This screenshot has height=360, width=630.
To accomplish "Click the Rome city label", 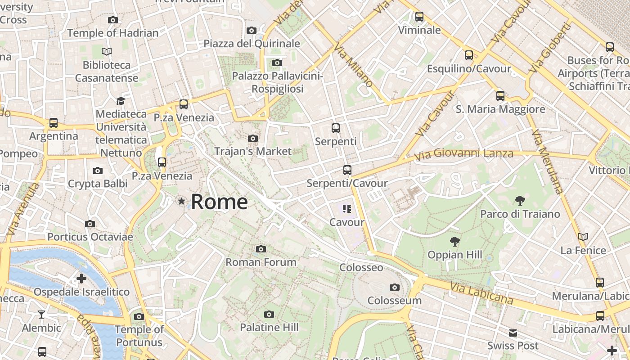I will pos(219,202).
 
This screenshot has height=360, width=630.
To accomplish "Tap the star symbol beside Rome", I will pos(181,201).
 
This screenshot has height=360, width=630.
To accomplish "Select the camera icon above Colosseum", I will pos(395,287).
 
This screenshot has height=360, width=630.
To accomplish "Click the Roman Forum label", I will pos(261,262).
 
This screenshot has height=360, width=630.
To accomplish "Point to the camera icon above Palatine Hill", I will pos(269,314).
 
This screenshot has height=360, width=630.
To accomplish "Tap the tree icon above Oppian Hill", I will pos(455,242).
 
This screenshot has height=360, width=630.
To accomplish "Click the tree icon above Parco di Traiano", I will pos(520,201).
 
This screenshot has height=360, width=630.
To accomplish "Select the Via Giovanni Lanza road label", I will pos(463,154).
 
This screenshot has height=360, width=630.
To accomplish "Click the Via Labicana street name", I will pos(481,292).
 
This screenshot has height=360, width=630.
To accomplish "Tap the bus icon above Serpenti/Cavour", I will pos(347,170).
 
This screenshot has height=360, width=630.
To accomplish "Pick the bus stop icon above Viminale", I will pos(419,17).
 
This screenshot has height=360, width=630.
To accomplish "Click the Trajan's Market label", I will pos(253,151).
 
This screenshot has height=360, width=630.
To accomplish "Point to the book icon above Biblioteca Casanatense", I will pos(107,52).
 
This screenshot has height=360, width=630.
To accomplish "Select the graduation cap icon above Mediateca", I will pos(121,101).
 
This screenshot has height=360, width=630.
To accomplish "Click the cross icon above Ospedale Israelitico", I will pos(81,279).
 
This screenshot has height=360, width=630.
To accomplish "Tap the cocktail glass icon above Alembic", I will pos(41,314).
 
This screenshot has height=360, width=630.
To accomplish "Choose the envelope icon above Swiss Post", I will pos(513,333).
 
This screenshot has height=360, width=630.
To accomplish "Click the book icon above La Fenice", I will pos(583,237).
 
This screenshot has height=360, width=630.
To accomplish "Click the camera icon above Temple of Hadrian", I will pos(113,20).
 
